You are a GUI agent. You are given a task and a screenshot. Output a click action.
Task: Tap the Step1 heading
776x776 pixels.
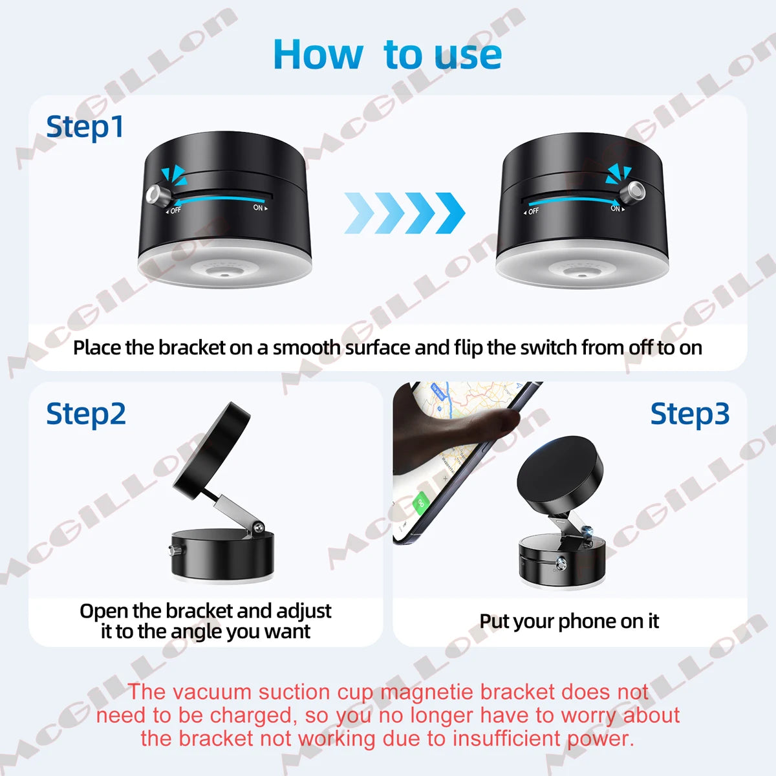tap(85, 127)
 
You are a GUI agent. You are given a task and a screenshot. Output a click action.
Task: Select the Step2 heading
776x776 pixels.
tap(86, 414)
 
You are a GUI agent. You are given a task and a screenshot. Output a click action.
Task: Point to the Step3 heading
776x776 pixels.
tap(689, 414)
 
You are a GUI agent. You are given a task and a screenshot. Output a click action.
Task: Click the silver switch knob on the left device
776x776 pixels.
tap(156, 194)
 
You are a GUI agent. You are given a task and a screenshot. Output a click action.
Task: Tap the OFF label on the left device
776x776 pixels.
tap(175, 210)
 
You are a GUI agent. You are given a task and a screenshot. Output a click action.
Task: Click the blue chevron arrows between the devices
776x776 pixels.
tap(405, 213)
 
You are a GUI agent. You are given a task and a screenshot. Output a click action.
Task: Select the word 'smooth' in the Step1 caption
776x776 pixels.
tap(307, 348)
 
